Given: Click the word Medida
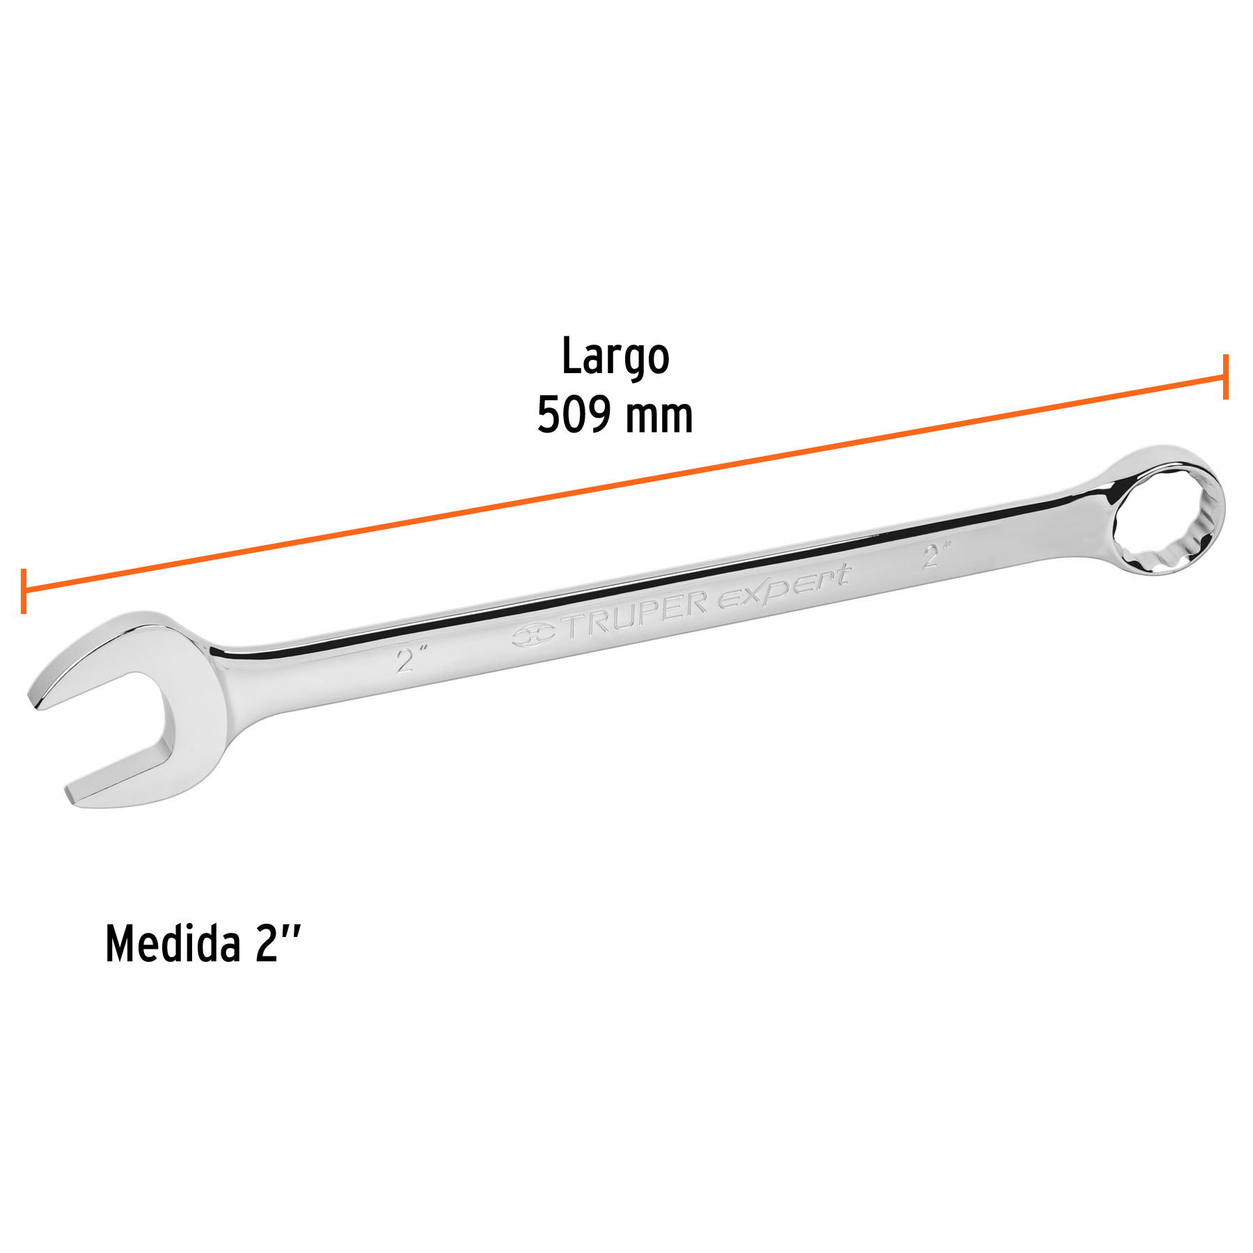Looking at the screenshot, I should click(x=172, y=945).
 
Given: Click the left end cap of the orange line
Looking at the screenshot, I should click(x=24, y=591).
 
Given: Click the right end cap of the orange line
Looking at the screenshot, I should click(x=1225, y=377).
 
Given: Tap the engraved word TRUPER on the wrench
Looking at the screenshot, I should click(x=636, y=614).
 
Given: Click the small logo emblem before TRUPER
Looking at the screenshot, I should click(x=533, y=635).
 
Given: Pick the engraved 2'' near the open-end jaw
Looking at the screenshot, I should click(x=409, y=657).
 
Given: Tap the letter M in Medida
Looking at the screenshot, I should click(x=120, y=945).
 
